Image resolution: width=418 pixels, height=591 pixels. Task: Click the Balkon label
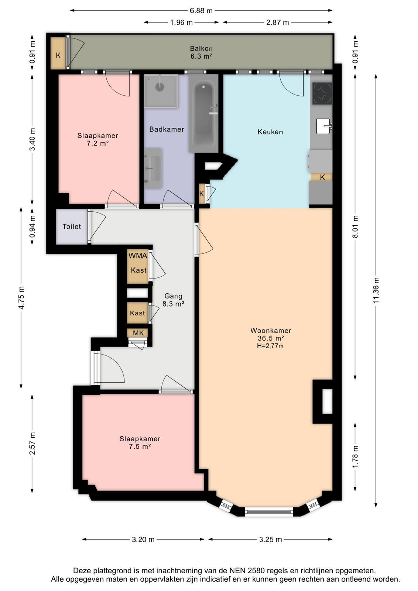coord(201,48)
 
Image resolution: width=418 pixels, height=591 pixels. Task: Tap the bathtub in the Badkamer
coord(203,113)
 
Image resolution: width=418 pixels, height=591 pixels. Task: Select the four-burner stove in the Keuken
coord(322,93)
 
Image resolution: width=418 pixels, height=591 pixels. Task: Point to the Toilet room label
coord(72,226)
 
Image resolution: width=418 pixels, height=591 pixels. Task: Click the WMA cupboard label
coord(138,255)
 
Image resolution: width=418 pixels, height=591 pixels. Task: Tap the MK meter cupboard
coord(137,333)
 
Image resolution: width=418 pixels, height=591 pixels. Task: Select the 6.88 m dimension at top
coord(201,11)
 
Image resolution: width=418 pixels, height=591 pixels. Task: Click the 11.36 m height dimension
coord(376,290)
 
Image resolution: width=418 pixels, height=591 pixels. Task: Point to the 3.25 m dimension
coord(270,539)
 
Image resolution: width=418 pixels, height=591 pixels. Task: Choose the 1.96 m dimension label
coord(181,23)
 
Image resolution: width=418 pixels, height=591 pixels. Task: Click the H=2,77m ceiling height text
coord(270,346)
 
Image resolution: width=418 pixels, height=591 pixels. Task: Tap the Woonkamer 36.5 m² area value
coord(271,338)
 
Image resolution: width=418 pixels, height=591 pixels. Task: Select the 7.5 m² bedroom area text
coord(140,447)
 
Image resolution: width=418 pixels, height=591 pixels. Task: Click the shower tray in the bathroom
coord(161,91)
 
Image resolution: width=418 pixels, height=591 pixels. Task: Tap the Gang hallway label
coord(173,296)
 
